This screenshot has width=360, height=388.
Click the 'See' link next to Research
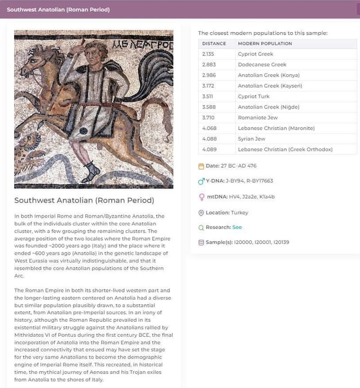click(237, 228)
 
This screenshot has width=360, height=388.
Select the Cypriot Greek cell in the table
click(255, 54)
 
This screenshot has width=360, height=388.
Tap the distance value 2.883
click(208, 65)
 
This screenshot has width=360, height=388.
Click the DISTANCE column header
click(214, 43)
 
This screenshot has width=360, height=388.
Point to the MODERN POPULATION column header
click(265, 43)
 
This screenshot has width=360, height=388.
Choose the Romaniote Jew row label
click(258, 118)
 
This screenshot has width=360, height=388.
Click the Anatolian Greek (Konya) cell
click(268, 75)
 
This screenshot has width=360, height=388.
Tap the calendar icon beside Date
click(201, 166)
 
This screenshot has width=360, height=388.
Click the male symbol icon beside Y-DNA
click(201, 181)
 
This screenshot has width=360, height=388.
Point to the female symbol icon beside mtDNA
click(201, 197)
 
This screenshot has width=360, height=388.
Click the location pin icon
click(201, 213)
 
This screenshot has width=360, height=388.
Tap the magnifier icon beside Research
click(201, 228)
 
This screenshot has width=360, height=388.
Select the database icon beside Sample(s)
click(201, 243)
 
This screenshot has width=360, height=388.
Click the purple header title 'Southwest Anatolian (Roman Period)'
click(58, 10)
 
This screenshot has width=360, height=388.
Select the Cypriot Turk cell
click(254, 97)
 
